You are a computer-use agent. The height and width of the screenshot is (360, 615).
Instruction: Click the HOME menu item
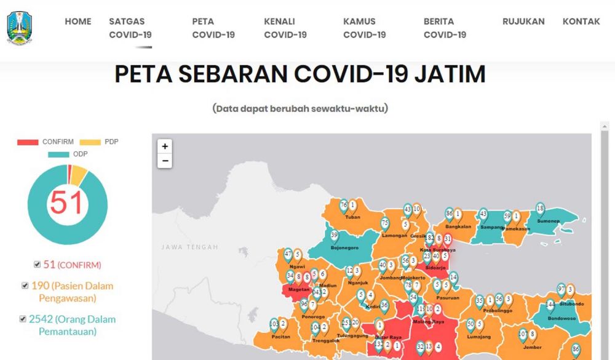coord(78,22)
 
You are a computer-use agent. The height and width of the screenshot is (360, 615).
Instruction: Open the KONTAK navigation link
coord(581,22)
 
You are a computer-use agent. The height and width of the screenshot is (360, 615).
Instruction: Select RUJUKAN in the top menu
coord(523,22)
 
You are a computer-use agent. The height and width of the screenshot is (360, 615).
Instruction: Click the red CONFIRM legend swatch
coord(28,142)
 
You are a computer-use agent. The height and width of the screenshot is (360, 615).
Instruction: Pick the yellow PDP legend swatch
coord(90,142)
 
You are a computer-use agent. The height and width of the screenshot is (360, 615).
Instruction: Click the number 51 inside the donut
coord(66,202)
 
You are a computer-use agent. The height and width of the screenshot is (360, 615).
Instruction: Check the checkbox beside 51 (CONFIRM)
coord(38,265)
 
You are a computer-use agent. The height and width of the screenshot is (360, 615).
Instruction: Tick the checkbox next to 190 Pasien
coord(25,286)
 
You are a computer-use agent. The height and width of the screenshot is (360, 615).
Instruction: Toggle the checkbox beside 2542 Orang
coord(23,319)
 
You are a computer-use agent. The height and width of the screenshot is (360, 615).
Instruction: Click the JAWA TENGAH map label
coord(190,247)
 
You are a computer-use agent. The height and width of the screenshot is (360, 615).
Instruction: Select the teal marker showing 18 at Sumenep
coord(540,209)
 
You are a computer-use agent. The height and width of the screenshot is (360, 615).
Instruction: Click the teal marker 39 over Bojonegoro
coord(335,236)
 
